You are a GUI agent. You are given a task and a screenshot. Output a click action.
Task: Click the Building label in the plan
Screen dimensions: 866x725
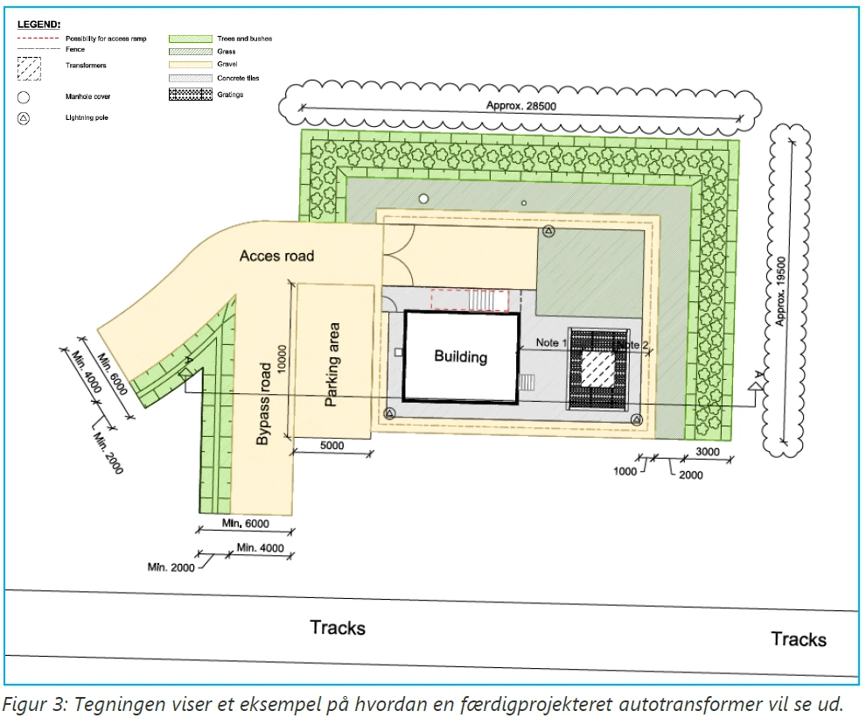461,356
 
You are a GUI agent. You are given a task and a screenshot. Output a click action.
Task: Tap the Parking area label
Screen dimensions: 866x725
332,364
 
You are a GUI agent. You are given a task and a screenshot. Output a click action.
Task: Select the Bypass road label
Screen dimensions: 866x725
263,404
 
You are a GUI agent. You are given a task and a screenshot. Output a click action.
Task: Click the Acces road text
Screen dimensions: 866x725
276,256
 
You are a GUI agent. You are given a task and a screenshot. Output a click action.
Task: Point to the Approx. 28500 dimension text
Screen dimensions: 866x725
520,106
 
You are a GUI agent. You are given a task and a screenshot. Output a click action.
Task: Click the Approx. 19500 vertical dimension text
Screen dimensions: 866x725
780,291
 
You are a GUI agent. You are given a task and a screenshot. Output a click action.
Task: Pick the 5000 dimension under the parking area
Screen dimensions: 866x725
332,446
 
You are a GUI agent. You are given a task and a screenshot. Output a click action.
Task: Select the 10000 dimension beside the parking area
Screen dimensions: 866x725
282,360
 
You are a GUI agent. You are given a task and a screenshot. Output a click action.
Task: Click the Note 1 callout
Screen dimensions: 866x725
551,343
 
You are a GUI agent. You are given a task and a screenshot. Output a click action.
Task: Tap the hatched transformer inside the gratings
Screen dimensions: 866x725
598,370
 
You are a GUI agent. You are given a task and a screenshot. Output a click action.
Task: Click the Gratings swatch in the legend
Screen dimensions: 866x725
191,95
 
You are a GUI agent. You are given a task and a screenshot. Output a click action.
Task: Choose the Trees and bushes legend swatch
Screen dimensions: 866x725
191,39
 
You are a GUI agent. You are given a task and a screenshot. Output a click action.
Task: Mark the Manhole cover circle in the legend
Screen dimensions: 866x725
24,97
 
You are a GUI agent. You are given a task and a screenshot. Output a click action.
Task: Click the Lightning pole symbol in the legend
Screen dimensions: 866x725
24,118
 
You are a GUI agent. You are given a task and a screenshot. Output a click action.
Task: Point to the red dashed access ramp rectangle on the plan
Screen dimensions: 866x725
470,301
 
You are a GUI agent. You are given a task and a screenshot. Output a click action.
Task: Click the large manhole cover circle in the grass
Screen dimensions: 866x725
423,199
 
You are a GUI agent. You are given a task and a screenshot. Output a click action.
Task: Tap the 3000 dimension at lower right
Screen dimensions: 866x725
708,452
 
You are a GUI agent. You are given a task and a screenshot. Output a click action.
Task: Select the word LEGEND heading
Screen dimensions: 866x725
38,25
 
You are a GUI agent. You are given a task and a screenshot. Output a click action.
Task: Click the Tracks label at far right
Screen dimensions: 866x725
799,639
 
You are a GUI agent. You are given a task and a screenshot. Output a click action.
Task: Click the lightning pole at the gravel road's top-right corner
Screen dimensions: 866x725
548,231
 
